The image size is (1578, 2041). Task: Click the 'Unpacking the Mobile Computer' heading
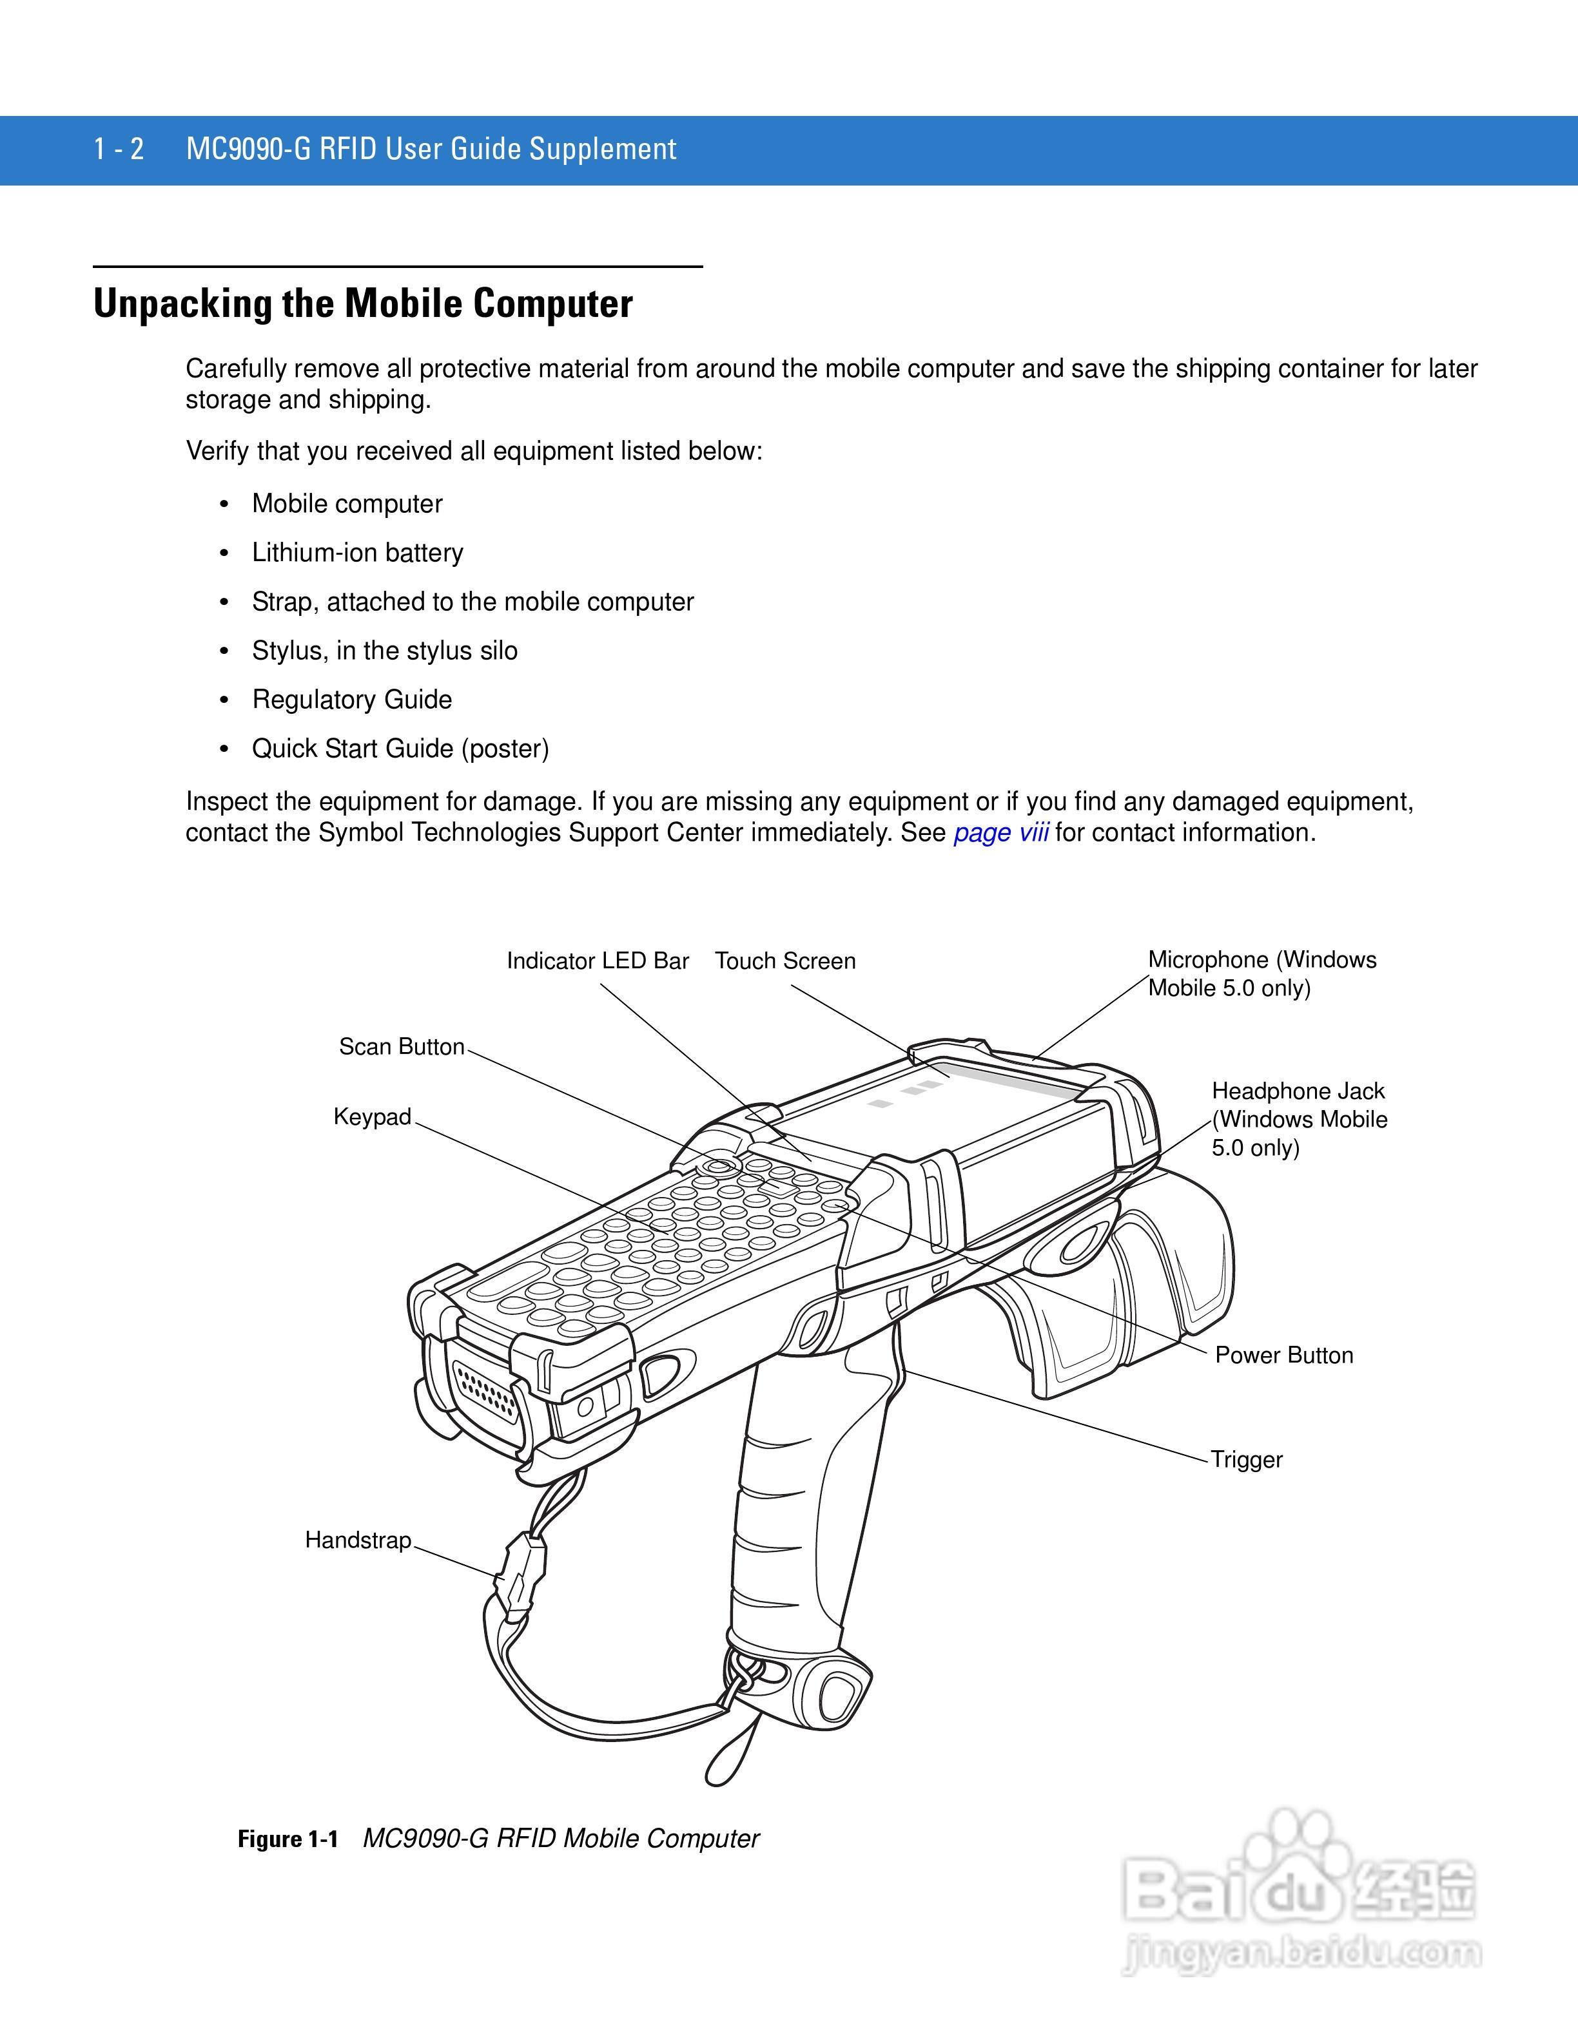pyautogui.click(x=363, y=303)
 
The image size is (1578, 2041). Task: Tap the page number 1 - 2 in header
pyautogui.click(x=119, y=149)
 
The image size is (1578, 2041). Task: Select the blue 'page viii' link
pyautogui.click(x=1000, y=832)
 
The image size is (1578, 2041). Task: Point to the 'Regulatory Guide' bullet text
pyautogui.click(x=351, y=699)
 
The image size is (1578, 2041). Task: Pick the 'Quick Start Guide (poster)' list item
pyautogui.click(x=400, y=749)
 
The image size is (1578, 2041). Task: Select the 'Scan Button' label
pyautogui.click(x=401, y=1047)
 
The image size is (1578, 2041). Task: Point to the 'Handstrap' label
pyautogui.click(x=358, y=1540)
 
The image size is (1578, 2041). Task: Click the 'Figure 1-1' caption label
pyautogui.click(x=287, y=1839)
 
